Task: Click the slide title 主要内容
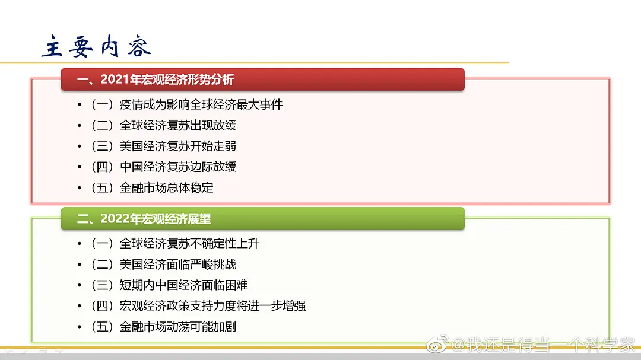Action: (97, 46)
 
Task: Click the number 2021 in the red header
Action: (115, 79)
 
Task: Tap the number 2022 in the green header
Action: (115, 219)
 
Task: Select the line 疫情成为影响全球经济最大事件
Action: (201, 104)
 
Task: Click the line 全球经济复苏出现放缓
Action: (178, 126)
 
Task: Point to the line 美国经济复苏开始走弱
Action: (178, 146)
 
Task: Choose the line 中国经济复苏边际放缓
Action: (178, 167)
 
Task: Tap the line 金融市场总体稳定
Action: (166, 187)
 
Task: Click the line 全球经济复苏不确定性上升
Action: (190, 244)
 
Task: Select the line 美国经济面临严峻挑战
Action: (178, 265)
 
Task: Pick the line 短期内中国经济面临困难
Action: (184, 285)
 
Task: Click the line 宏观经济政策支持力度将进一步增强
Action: (212, 305)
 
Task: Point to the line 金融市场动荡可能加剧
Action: (178, 327)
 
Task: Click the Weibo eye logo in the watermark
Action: (437, 344)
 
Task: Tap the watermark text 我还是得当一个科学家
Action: (550, 345)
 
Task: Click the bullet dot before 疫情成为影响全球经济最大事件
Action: (80, 105)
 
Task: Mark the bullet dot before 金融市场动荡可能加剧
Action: (80, 327)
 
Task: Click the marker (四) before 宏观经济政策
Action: (102, 305)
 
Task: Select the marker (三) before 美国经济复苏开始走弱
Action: (102, 146)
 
